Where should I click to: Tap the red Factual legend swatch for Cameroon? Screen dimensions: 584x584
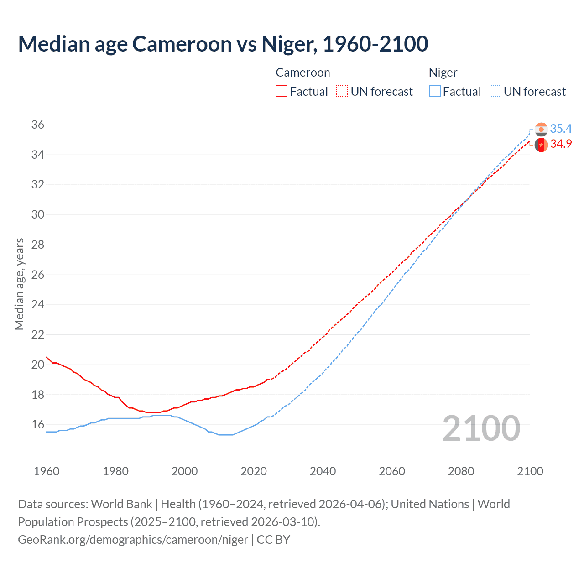point(282,91)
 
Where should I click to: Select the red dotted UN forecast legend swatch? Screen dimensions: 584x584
point(342,91)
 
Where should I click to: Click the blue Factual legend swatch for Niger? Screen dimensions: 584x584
point(435,91)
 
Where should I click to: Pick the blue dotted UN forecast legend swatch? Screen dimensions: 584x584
point(495,91)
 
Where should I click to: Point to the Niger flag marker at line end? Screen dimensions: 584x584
point(541,130)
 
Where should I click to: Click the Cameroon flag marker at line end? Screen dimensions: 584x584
point(541,145)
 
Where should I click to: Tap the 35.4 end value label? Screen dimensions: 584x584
point(561,129)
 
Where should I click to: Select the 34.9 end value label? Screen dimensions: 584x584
point(561,144)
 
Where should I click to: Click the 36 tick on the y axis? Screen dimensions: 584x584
point(38,125)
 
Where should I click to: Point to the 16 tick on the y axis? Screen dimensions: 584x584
point(38,424)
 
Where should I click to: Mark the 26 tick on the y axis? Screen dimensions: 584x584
point(38,275)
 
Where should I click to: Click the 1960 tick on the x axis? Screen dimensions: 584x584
point(47,471)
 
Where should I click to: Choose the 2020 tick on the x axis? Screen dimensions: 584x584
point(254,471)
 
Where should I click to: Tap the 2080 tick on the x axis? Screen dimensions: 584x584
point(461,471)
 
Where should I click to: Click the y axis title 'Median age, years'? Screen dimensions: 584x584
point(19,284)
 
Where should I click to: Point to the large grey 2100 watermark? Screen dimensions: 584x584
point(481,428)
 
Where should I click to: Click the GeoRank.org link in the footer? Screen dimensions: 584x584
point(133,539)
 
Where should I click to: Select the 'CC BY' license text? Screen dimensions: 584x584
point(273,539)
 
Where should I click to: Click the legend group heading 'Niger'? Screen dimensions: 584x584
point(443,73)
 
